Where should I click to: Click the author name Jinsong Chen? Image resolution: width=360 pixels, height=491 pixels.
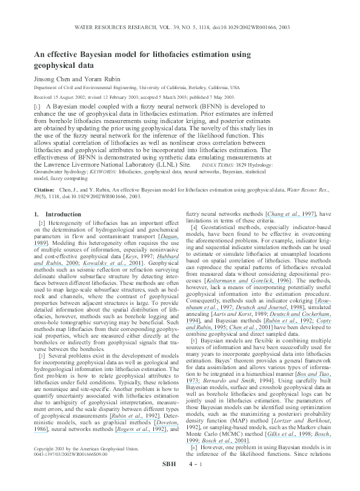[x=51, y=78]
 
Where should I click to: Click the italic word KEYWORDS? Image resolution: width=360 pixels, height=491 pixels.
[x=98, y=172]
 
